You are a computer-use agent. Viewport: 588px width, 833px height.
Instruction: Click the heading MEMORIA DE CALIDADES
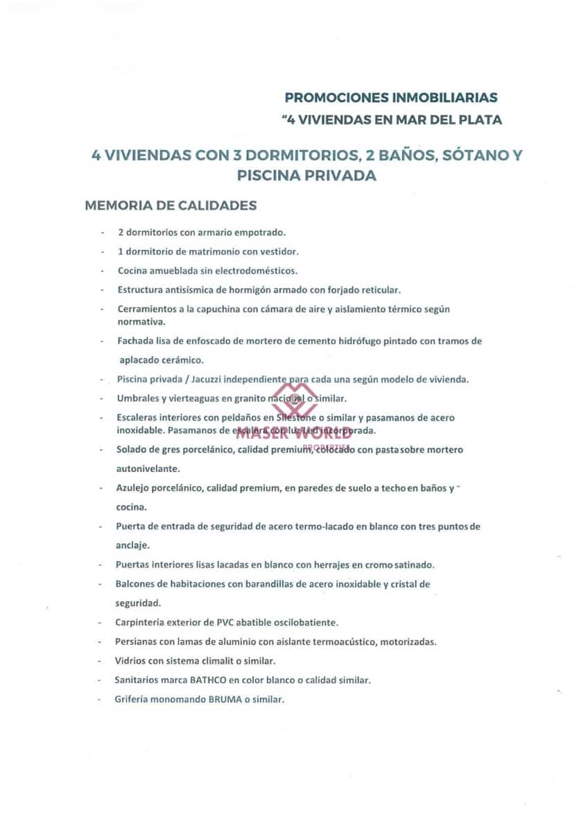[171, 205]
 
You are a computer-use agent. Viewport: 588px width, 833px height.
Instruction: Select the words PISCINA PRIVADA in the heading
[306, 176]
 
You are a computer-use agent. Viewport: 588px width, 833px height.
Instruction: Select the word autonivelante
[148, 469]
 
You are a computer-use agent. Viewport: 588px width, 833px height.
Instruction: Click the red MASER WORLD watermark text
[294, 436]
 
